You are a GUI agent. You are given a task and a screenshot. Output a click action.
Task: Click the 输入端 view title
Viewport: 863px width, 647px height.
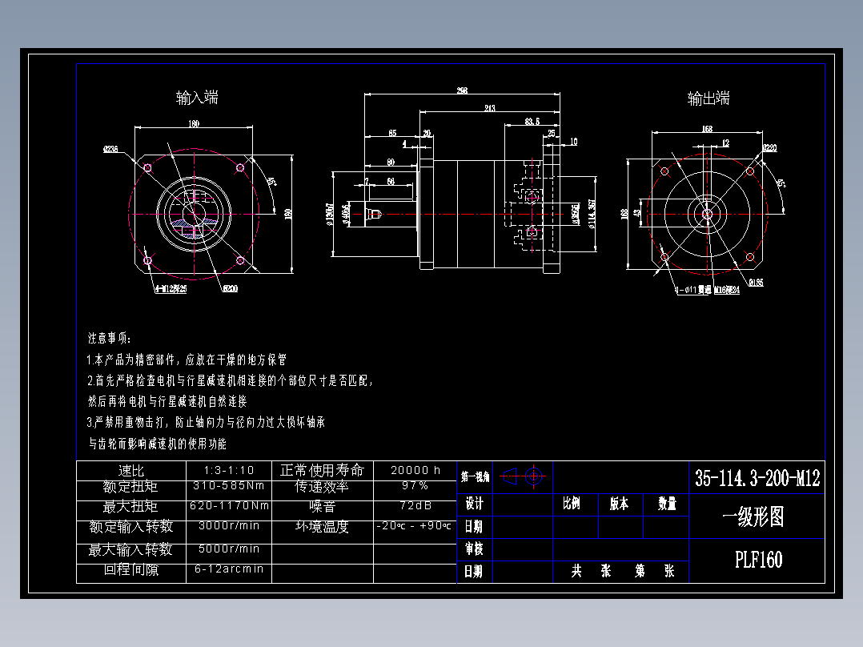coord(197,98)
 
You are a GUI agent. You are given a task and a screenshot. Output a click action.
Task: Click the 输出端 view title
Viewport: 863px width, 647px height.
coord(708,98)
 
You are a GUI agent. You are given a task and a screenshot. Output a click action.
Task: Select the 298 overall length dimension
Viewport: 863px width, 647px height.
coord(462,90)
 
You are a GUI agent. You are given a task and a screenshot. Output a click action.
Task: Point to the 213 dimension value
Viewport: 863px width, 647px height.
coord(490,108)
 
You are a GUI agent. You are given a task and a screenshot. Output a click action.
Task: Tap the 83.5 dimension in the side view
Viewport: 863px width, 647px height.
coord(532,122)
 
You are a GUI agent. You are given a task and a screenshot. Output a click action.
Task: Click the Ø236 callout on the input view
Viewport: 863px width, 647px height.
coord(110,149)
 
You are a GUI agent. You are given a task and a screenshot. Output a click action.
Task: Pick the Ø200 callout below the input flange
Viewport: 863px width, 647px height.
coord(230,288)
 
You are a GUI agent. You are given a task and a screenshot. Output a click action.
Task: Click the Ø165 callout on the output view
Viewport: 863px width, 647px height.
coord(756,282)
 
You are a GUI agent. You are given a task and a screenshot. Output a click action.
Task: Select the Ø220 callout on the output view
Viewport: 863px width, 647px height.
coord(769,148)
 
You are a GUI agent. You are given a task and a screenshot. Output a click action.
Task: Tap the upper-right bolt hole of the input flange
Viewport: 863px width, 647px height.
coord(240,168)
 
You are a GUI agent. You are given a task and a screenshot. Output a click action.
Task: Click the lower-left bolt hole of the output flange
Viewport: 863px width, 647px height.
coord(664,257)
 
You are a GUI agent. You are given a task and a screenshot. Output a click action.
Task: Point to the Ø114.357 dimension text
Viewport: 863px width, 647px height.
coord(592,215)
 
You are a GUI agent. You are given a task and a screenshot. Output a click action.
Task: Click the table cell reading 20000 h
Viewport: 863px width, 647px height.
coord(415,470)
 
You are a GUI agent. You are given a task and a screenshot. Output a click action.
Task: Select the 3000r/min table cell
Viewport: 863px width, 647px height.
coord(228,526)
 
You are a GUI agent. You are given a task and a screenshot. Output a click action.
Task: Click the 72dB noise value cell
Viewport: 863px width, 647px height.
coord(415,506)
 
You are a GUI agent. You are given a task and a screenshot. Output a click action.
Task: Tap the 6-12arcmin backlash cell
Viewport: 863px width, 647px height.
coord(228,569)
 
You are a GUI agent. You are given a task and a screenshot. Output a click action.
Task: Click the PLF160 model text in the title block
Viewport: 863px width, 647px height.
coord(757,559)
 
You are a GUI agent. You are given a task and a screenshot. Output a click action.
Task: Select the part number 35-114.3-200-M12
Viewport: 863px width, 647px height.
coord(757,479)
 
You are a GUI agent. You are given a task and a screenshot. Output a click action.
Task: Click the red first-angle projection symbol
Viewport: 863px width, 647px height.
coord(526,477)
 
